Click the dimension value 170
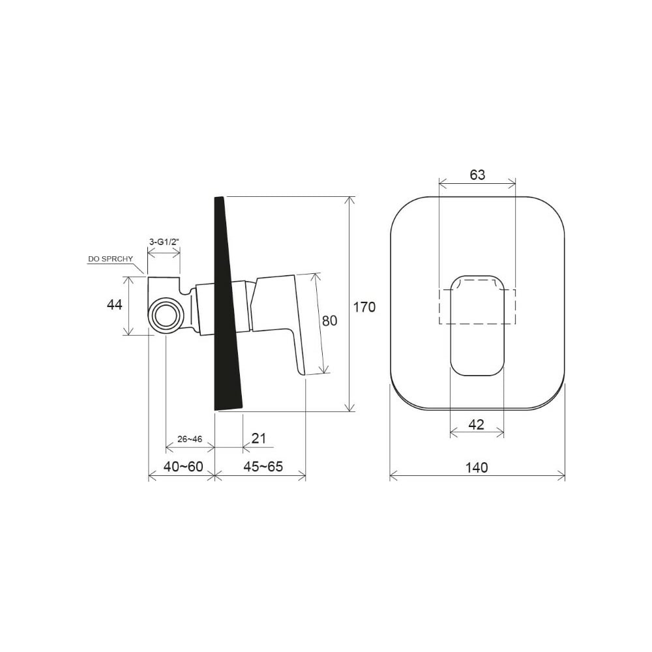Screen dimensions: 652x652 pyautogui.click(x=364, y=307)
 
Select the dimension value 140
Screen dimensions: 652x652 pyautogui.click(x=477, y=467)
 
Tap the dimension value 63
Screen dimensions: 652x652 pyautogui.click(x=477, y=175)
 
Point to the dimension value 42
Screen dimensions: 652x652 pyautogui.click(x=476, y=424)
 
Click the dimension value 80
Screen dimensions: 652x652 pyautogui.click(x=330, y=321)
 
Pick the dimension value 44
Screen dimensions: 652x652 pyautogui.click(x=115, y=304)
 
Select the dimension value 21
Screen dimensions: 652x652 pyautogui.click(x=259, y=438)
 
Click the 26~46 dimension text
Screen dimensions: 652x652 pyautogui.click(x=190, y=439)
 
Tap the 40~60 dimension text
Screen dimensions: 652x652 pyautogui.click(x=183, y=467)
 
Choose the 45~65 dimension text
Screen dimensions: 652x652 pyautogui.click(x=263, y=467)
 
